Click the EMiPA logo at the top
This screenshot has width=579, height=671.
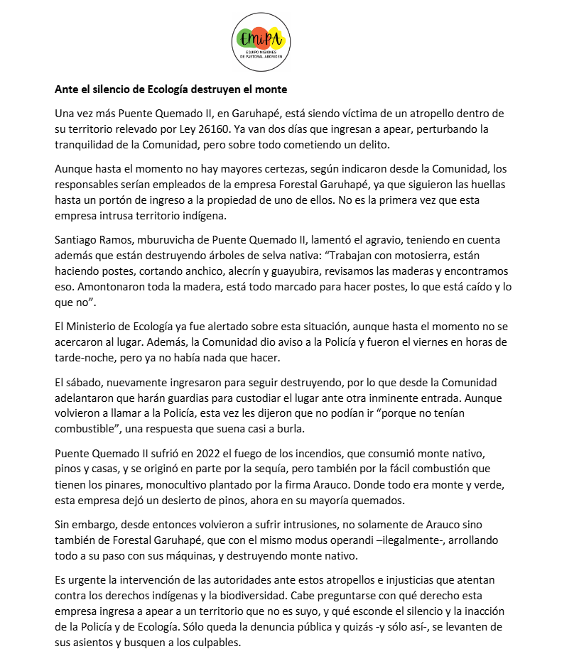pyautogui.click(x=262, y=40)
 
